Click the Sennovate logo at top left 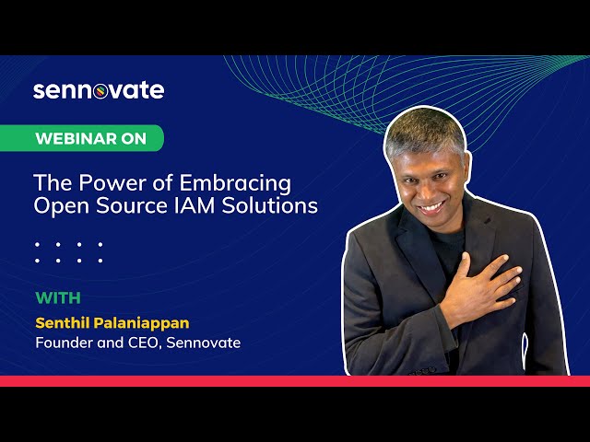pyautogui.click(x=99, y=90)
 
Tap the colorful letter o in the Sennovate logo pyautogui.click(x=100, y=92)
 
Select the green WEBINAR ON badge pyautogui.click(x=82, y=138)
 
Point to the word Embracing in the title pyautogui.click(x=235, y=184)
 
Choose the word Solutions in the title pyautogui.click(x=269, y=205)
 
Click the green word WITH pyautogui.click(x=58, y=298)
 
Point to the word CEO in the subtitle pyautogui.click(x=144, y=343)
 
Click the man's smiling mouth pyautogui.click(x=432, y=207)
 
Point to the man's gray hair pyautogui.click(x=425, y=130)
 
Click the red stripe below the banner pyautogui.click(x=295, y=381)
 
